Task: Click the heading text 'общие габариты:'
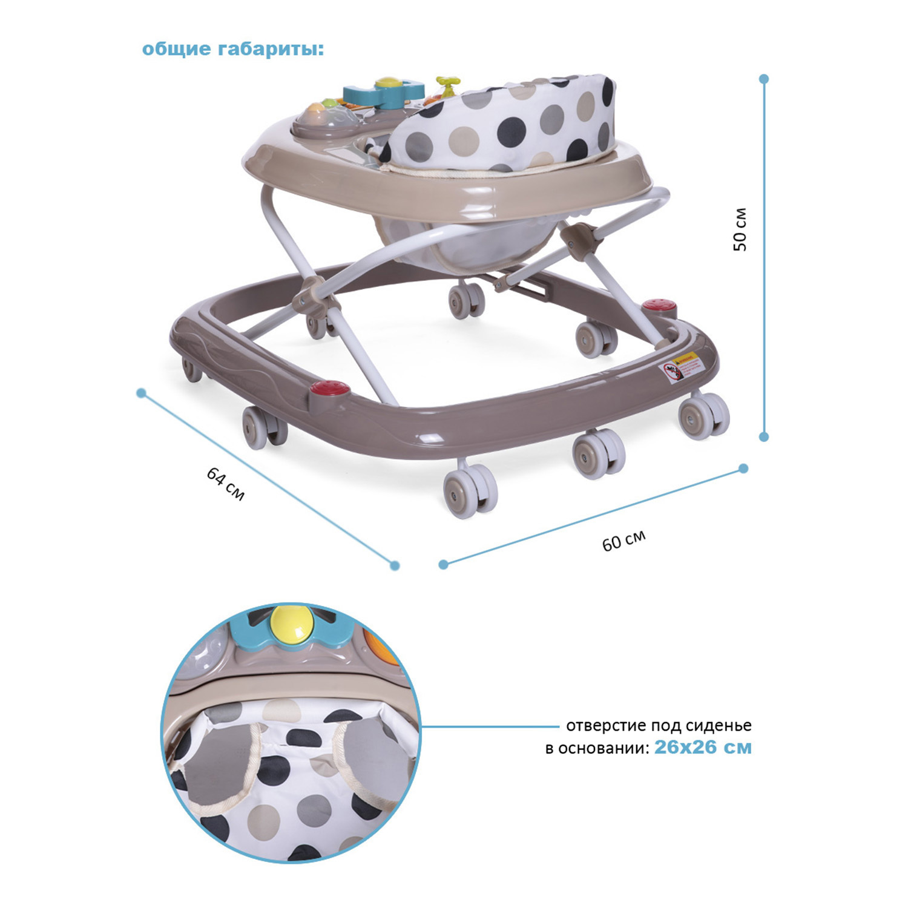(233, 49)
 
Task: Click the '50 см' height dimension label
(740, 229)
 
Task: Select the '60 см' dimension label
(624, 540)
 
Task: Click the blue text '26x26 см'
(703, 747)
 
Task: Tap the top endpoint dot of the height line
(764, 79)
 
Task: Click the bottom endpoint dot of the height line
(764, 436)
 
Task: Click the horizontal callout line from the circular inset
(491, 725)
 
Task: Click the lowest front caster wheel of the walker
(470, 491)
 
